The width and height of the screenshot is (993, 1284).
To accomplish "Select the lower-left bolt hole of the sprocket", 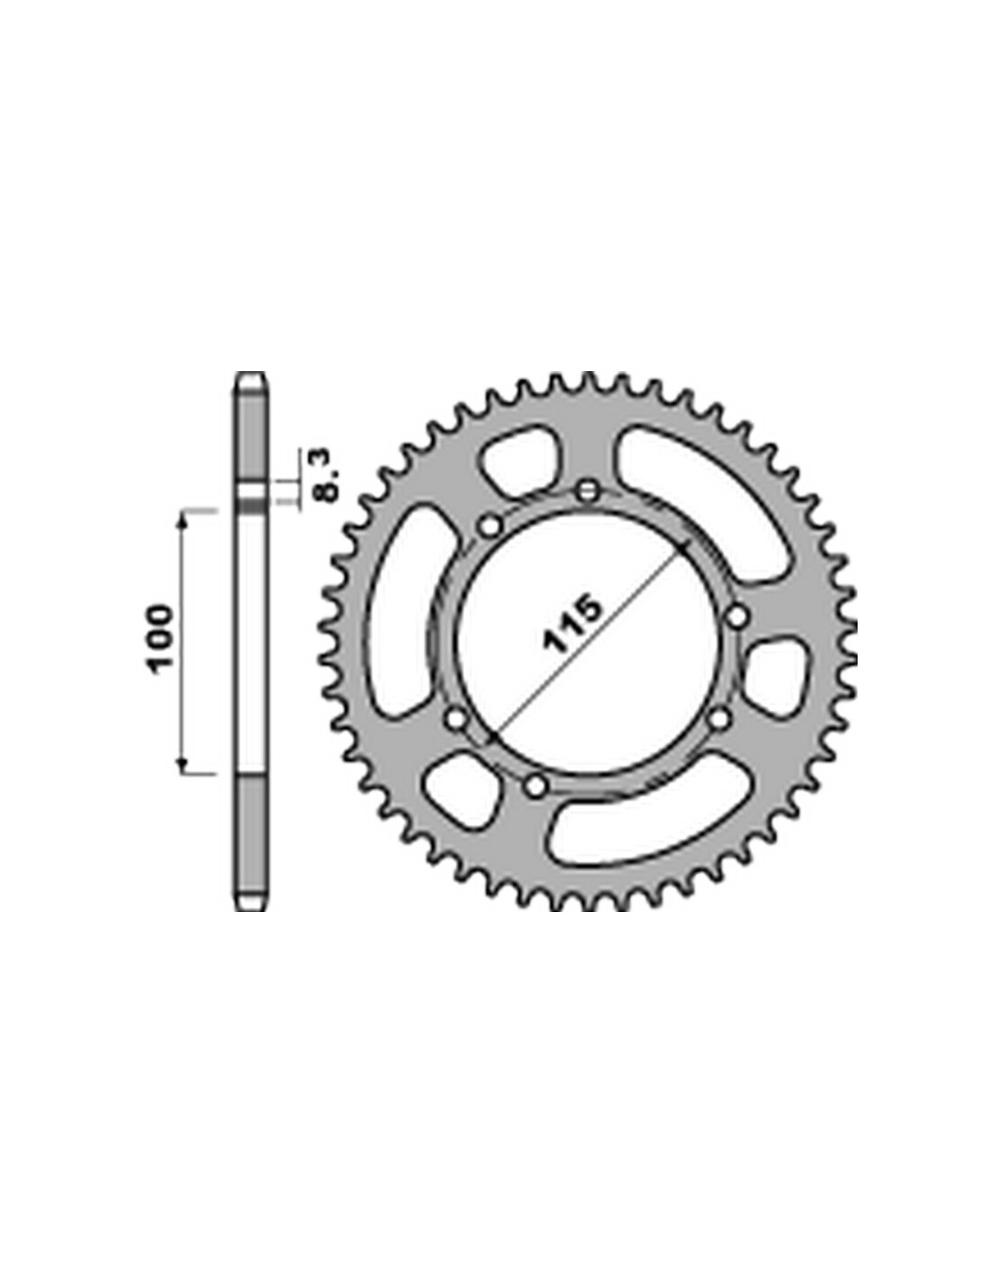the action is pyautogui.click(x=456, y=720).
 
